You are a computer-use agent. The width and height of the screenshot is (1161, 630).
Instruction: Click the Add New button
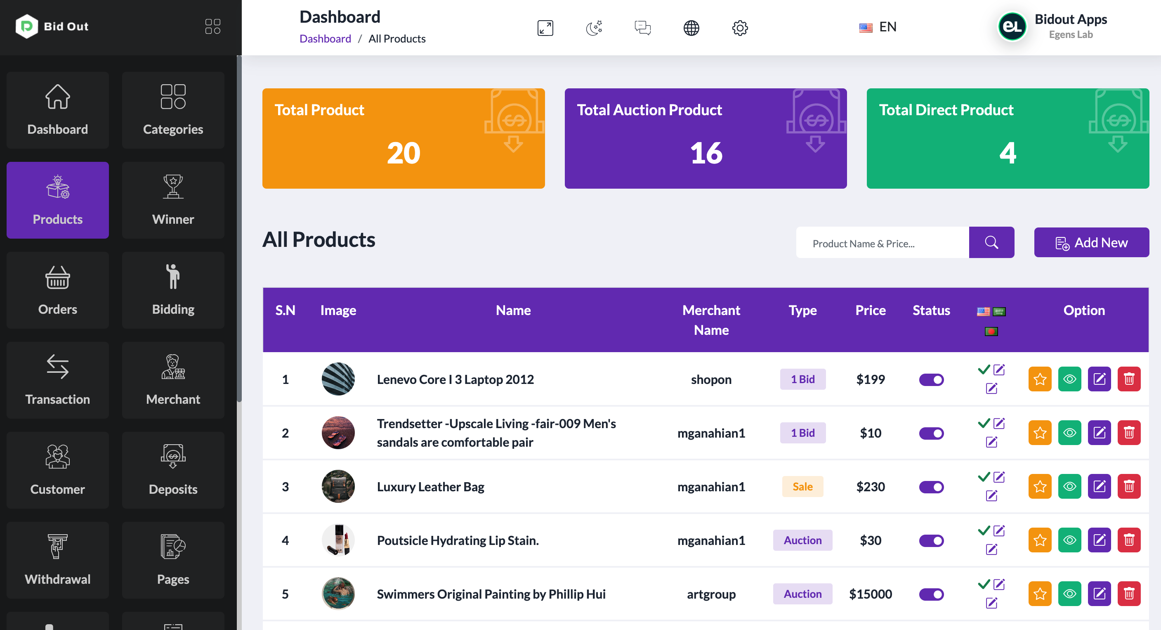(1091, 243)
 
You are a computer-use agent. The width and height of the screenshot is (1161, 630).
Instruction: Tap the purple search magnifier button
(991, 243)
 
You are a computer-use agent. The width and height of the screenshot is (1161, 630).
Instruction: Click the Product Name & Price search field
(882, 244)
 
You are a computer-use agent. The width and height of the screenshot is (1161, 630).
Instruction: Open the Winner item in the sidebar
(173, 200)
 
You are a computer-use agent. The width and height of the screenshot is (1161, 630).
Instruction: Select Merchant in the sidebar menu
(173, 380)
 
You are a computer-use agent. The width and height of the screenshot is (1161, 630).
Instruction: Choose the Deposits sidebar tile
(173, 470)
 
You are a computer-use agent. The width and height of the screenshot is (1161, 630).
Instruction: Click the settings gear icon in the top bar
(740, 28)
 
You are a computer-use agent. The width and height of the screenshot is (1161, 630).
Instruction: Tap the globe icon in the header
(691, 28)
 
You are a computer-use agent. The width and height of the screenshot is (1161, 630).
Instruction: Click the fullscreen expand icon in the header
(545, 28)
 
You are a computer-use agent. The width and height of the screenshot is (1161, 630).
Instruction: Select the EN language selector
(878, 27)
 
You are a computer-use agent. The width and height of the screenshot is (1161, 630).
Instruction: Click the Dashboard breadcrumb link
(325, 39)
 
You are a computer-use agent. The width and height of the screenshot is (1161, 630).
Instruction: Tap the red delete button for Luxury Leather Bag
(1128, 487)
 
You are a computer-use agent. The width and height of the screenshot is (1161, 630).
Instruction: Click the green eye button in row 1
(1069, 379)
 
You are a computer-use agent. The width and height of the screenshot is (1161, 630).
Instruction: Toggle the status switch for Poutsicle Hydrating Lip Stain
(931, 540)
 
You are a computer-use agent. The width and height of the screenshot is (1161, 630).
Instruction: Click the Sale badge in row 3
(802, 487)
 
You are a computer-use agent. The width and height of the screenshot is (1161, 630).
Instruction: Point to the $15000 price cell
(870, 594)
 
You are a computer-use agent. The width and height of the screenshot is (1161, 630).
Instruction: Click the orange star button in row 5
(1039, 594)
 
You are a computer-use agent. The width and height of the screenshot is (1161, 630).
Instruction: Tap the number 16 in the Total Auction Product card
(706, 153)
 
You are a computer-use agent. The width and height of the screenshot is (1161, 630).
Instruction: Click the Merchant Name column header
(711, 320)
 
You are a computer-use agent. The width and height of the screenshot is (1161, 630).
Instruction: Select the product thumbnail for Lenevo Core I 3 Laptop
(338, 379)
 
